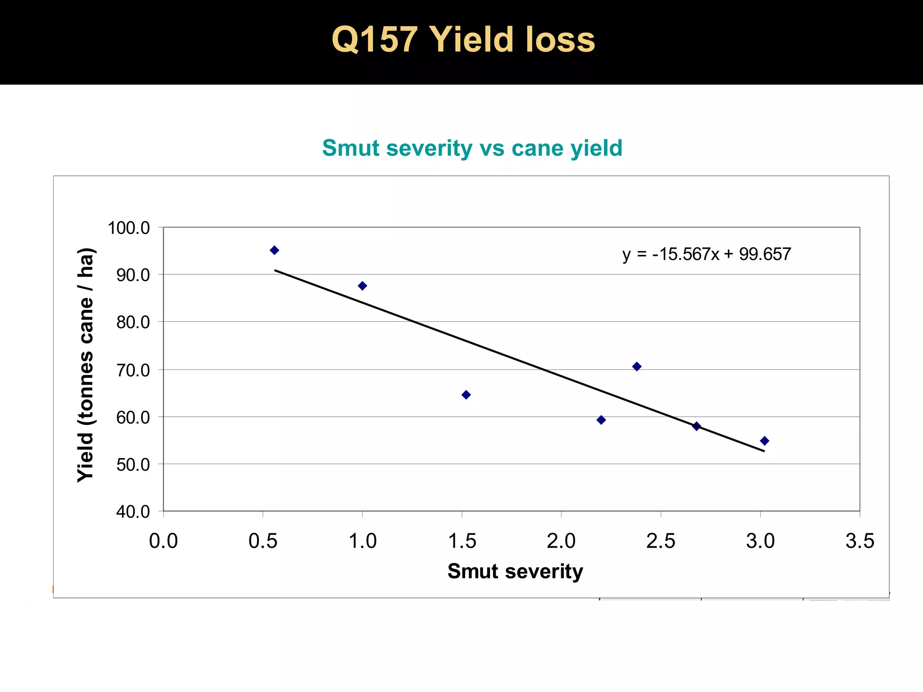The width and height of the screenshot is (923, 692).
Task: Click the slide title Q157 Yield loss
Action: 463,40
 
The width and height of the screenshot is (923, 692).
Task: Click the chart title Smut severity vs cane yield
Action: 472,148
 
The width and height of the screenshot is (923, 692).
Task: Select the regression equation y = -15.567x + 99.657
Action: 706,254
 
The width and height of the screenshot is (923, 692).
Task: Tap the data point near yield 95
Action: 274,250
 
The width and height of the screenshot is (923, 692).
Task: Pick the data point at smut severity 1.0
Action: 362,286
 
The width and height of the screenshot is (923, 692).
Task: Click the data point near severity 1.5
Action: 466,395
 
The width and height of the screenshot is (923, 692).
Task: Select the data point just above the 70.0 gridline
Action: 636,366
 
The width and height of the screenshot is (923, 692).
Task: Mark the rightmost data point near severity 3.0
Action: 764,441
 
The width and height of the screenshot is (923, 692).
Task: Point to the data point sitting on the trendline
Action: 696,426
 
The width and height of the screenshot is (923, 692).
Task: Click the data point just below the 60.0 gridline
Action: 601,420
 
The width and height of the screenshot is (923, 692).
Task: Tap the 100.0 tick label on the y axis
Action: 129,228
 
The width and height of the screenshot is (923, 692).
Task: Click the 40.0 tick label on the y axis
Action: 133,512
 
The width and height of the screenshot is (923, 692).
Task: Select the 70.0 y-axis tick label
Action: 133,370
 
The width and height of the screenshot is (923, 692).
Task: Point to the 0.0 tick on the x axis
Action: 163,541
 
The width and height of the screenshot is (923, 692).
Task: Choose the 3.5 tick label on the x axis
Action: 859,541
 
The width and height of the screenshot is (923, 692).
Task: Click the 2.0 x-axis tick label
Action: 561,541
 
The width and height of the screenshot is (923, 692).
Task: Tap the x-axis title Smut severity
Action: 515,571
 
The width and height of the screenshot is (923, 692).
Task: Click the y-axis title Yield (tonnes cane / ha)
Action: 85,365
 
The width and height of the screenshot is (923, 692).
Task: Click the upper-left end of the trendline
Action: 276,270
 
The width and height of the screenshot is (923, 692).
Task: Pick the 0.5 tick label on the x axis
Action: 263,541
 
